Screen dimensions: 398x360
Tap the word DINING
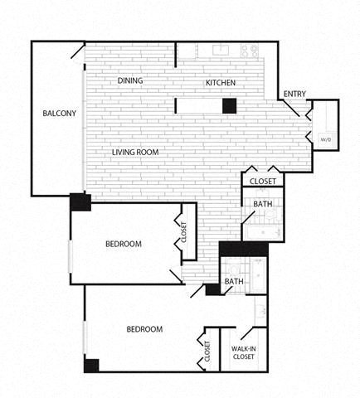tap(131, 81)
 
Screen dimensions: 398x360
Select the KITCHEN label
tap(221, 83)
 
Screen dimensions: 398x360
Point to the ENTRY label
tap(294, 95)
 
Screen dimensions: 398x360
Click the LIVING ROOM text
tap(136, 152)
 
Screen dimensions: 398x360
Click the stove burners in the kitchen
tap(250, 50)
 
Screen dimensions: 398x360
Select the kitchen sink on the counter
tap(220, 50)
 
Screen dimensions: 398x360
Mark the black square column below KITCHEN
tap(230, 106)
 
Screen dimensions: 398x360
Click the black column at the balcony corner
tap(80, 201)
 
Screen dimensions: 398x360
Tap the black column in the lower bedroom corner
tap(91, 364)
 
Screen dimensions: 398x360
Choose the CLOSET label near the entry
tap(262, 179)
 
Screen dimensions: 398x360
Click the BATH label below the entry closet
tap(263, 204)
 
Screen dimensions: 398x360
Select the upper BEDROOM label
tap(124, 244)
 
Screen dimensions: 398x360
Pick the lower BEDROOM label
tap(144, 329)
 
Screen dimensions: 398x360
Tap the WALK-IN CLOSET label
tap(243, 352)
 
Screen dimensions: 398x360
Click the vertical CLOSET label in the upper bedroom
tap(182, 235)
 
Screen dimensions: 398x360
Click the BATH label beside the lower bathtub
tap(234, 281)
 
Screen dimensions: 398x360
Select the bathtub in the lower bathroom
tap(259, 274)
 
